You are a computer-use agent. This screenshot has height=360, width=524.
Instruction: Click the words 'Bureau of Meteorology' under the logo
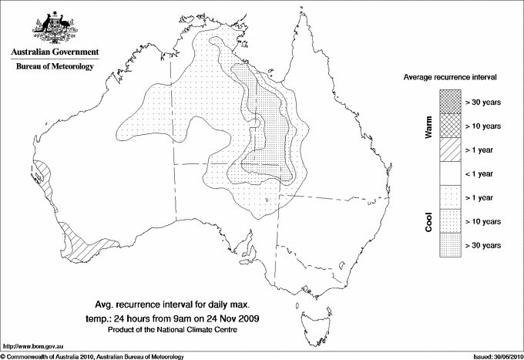tap(55, 67)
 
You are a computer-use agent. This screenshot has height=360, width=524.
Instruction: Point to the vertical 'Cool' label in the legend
tap(428, 221)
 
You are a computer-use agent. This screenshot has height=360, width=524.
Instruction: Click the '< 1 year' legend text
tap(482, 173)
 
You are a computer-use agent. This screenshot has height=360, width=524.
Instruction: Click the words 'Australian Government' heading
tap(55, 53)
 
